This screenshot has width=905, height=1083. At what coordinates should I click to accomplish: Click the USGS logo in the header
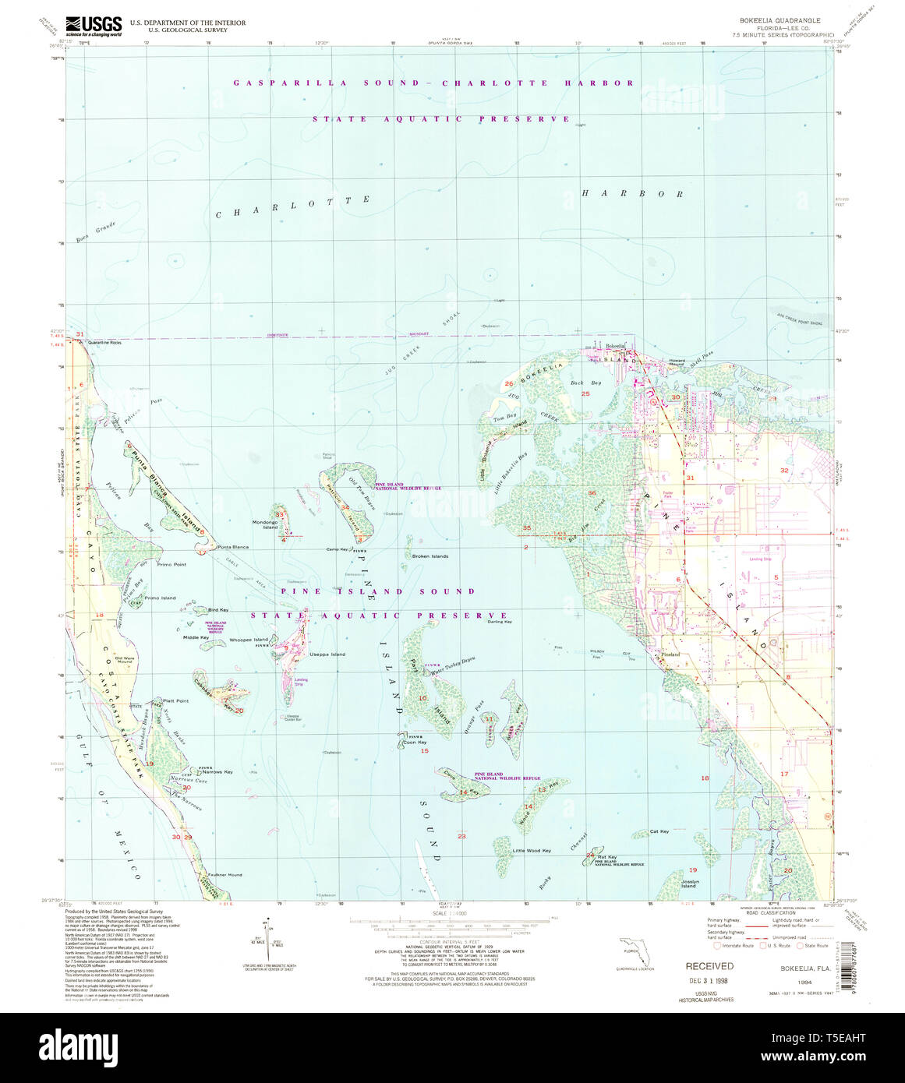point(93,26)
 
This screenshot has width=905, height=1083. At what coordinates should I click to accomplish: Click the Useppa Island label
point(327,654)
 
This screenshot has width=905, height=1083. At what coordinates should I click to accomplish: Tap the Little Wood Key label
point(532,850)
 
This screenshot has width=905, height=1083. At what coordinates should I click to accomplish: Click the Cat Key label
point(659,832)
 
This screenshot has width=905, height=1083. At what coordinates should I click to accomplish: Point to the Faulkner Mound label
point(224,875)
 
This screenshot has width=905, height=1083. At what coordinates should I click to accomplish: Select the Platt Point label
point(175,700)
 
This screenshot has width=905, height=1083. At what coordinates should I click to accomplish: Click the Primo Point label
point(171,564)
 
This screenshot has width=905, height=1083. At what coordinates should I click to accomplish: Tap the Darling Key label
point(500,622)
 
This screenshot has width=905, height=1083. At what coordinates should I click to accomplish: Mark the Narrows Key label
point(217,771)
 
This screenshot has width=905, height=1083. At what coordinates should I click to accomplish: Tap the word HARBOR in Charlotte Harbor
point(632,194)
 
